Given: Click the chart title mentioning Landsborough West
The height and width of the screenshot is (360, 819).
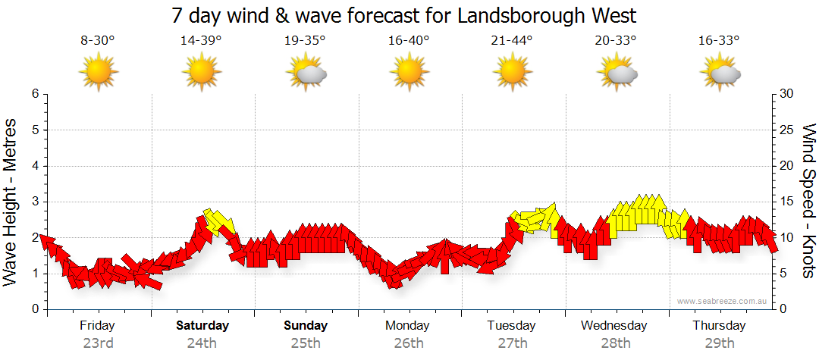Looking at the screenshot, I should coord(403,15).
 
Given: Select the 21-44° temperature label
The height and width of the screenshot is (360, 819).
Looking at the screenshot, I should coord(512,42).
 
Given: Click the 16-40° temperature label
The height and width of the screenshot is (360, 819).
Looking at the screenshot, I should coord(408,42).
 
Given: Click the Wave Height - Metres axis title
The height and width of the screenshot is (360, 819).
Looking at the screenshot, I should coord(11,202).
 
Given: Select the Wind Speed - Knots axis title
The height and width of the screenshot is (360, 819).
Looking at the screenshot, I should coord(808,202).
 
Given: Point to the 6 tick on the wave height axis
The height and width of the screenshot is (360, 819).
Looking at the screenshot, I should coord(35,94).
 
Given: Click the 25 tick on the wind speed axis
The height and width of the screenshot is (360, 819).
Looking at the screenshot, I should coord(787,130).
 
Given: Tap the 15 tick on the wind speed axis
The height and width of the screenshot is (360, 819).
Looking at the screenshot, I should coord(787,202).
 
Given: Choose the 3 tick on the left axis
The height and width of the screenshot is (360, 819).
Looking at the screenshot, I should coord(35,202).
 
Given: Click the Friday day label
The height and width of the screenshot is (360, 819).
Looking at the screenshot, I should coord(98,326).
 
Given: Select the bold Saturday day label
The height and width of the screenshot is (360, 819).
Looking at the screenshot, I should coord(202,326).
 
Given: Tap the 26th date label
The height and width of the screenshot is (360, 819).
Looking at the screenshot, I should coord(409,343).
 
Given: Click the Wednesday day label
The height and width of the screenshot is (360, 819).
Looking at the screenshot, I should coord(614,326).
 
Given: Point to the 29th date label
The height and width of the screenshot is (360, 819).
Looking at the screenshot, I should coord(719,343).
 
